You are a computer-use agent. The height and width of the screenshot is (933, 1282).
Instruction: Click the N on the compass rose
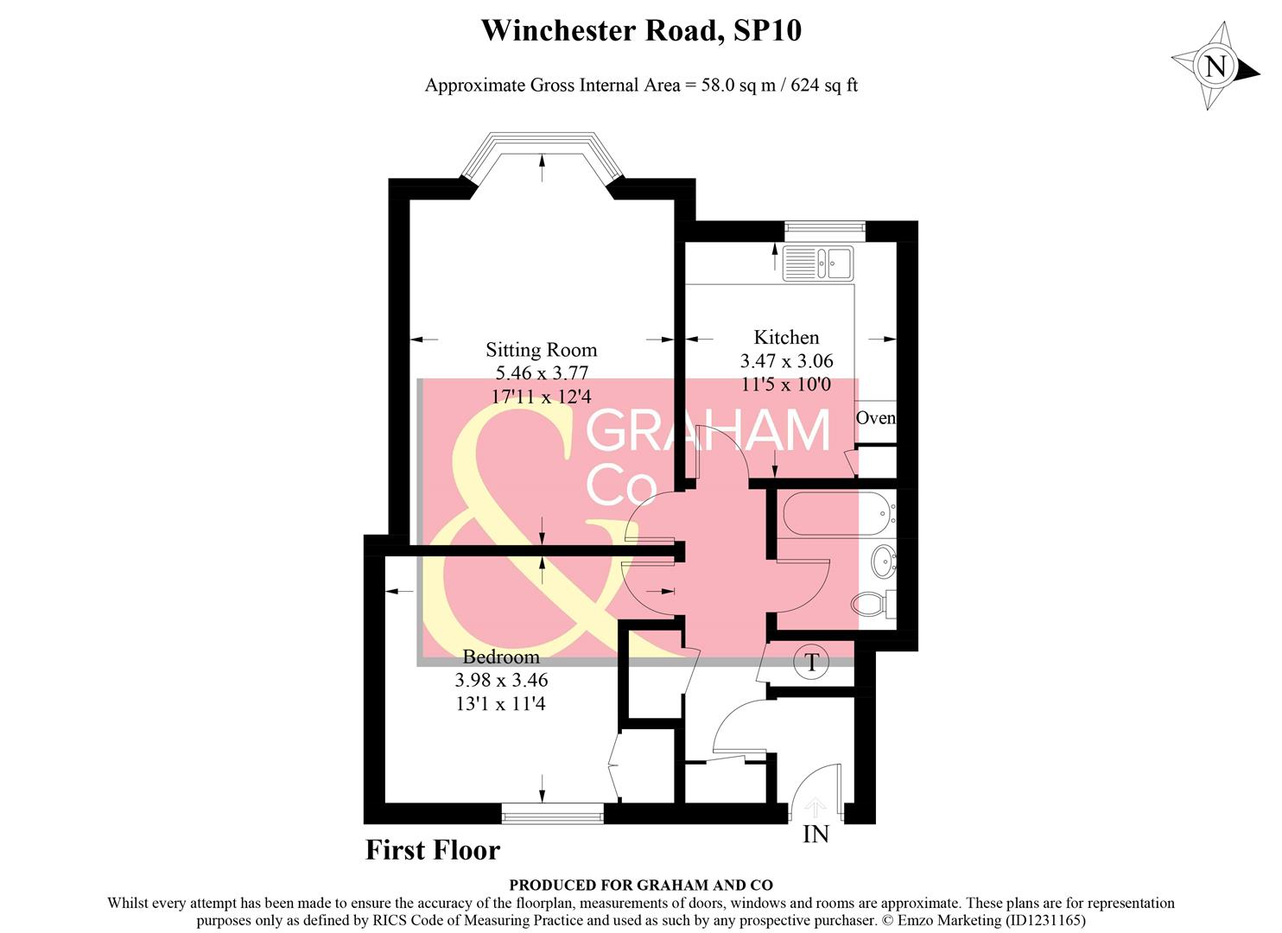(1215, 67)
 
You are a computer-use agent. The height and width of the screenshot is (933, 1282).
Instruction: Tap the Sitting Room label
(541, 350)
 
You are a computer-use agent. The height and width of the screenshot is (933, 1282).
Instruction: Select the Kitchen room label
(786, 338)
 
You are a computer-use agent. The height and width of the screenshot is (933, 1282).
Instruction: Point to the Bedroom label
(501, 657)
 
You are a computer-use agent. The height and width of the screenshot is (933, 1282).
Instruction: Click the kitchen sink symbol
(818, 263)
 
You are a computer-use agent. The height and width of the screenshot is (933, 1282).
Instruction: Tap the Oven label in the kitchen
(875, 418)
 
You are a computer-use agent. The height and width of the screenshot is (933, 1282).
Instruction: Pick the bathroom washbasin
(882, 562)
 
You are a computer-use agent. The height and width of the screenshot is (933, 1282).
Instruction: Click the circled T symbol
(811, 663)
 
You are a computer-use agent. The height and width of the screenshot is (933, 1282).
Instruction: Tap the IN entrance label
(816, 835)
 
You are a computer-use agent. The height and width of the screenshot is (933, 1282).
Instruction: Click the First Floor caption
(433, 850)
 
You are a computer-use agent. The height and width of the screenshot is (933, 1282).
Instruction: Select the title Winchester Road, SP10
(640, 31)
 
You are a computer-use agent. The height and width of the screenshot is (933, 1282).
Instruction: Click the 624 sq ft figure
(824, 86)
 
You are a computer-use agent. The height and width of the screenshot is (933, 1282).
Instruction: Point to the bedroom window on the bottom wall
(553, 812)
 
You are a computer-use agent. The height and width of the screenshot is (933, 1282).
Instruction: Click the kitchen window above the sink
(824, 228)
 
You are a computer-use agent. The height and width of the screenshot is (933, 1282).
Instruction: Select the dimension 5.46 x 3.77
(541, 373)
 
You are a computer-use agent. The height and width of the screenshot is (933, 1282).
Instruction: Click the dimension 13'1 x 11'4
(501, 704)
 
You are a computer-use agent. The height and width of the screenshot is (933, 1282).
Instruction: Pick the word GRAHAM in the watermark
(708, 430)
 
